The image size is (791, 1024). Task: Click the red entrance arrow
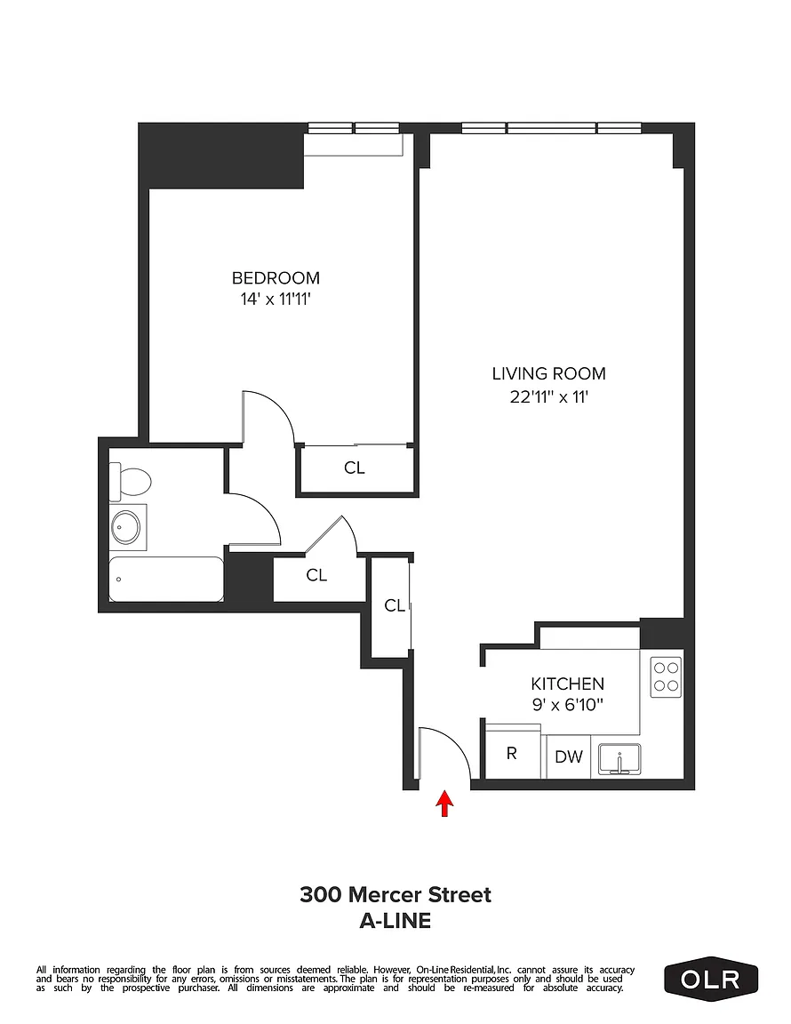click(444, 804)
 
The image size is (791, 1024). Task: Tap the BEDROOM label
click(276, 278)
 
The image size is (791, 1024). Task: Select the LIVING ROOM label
click(548, 373)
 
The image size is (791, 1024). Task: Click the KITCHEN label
click(567, 684)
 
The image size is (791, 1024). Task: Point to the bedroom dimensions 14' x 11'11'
click(275, 300)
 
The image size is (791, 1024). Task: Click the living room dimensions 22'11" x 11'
click(549, 396)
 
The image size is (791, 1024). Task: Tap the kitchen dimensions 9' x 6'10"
click(567, 705)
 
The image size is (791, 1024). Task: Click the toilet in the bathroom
click(130, 481)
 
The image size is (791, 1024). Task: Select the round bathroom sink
click(126, 526)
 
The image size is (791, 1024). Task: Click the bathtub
click(166, 580)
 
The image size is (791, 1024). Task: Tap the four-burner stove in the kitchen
click(667, 676)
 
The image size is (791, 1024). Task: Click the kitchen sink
click(619, 759)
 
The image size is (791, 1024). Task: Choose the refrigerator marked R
click(513, 752)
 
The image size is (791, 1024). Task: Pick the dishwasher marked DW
click(568, 756)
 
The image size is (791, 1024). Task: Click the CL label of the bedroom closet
click(354, 468)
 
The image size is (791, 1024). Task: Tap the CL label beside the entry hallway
click(395, 605)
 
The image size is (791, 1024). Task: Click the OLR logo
click(711, 980)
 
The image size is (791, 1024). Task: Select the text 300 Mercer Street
click(395, 894)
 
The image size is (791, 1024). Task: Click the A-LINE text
click(395, 921)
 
